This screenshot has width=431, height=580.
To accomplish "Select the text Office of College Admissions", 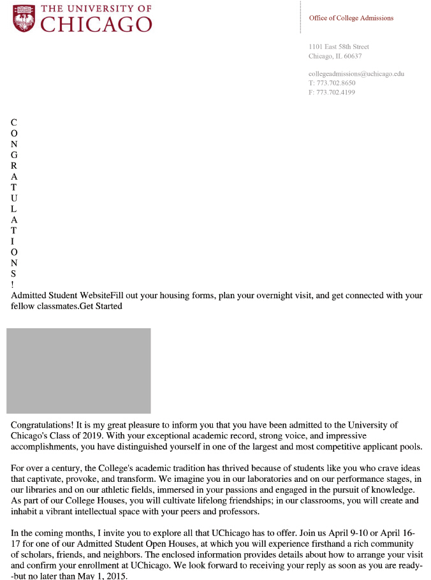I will tap(351, 18).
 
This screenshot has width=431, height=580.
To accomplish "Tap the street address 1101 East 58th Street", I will tap(339, 47).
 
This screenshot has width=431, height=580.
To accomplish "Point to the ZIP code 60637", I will tap(353, 56).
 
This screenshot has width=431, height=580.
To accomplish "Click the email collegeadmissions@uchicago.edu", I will tap(356, 74).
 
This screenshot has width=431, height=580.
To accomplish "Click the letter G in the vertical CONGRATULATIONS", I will tap(14, 155).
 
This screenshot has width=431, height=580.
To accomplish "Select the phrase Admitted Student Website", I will tap(61, 296).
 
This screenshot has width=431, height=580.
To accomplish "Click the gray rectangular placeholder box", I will tap(78, 370).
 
